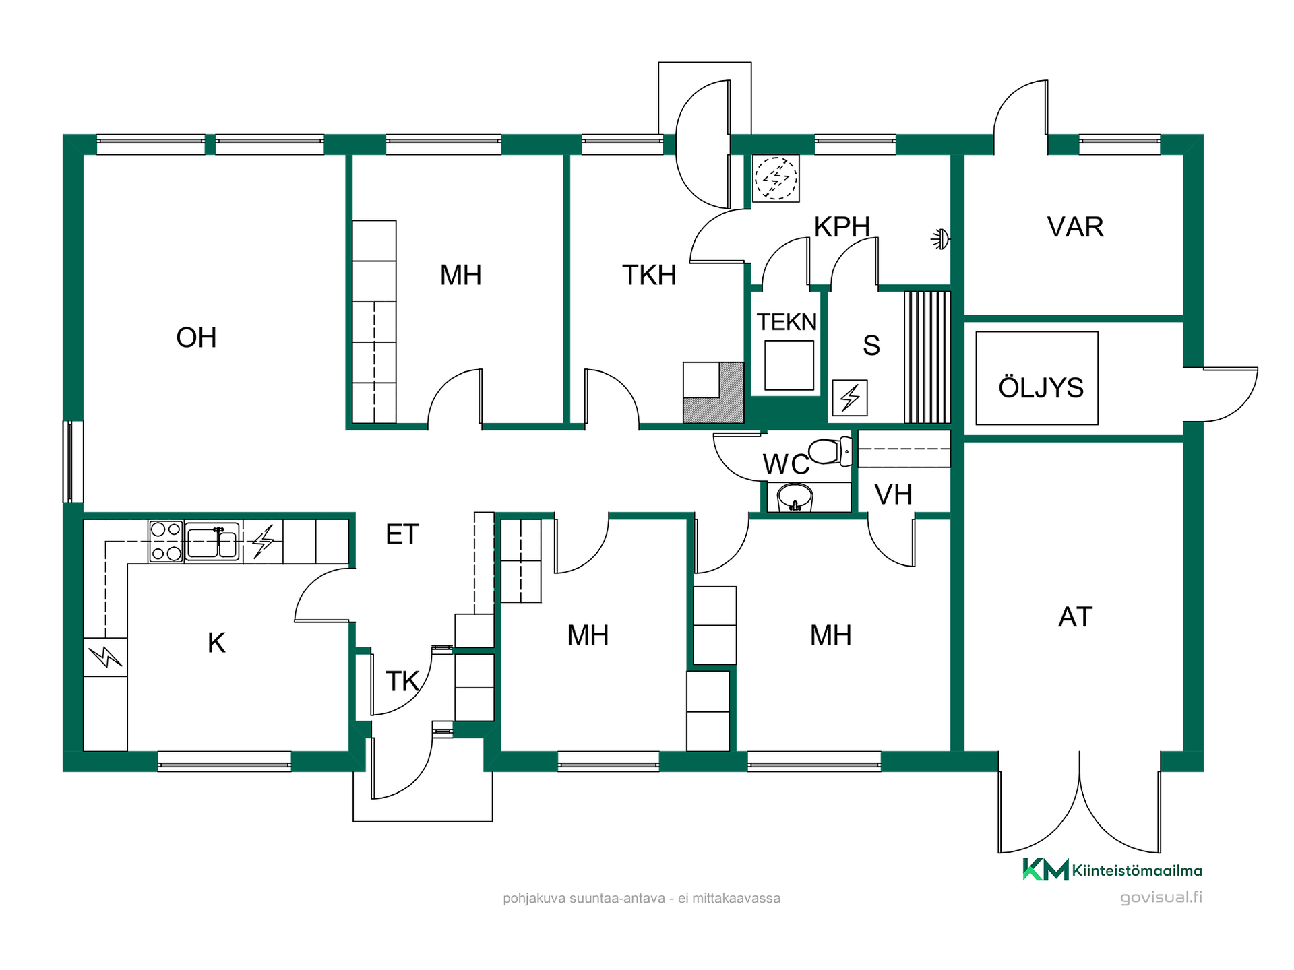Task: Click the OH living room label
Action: click(x=196, y=337)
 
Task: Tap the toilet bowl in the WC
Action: click(x=831, y=451)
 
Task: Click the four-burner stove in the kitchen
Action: click(x=166, y=542)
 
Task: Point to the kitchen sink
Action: click(x=212, y=542)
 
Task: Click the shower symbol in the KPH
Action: click(x=941, y=238)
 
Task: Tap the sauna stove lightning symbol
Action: click(x=850, y=397)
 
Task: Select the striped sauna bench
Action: click(x=927, y=357)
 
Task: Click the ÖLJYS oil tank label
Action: click(x=1041, y=387)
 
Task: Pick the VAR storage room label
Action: click(x=1075, y=227)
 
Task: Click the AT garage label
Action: click(x=1075, y=617)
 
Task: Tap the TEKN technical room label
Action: click(x=787, y=322)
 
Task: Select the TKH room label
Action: click(x=648, y=275)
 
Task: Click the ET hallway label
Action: click(x=402, y=534)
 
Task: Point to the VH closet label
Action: click(x=893, y=495)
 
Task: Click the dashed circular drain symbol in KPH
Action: click(x=776, y=179)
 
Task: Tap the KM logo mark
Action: click(x=1045, y=870)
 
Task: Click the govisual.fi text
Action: click(x=1161, y=897)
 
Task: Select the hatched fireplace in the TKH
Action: click(x=714, y=393)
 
